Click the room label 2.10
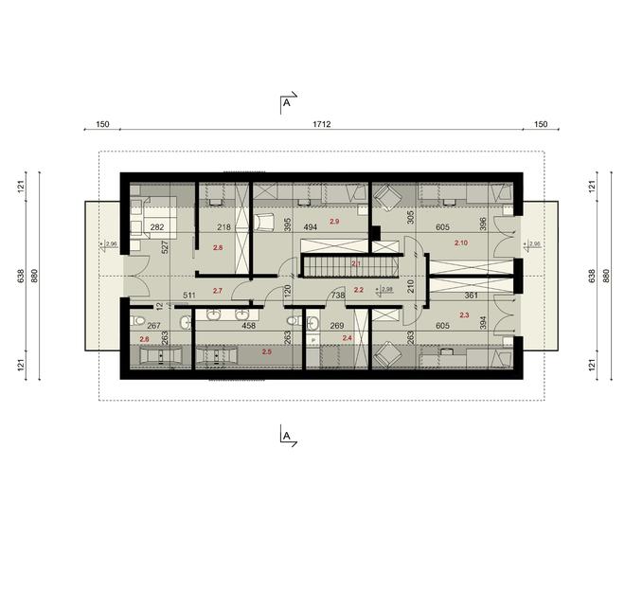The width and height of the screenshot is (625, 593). [x=461, y=243]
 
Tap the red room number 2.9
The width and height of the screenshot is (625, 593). [x=333, y=221]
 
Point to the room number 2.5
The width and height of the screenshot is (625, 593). [x=266, y=351]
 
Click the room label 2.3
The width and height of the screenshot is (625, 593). [x=464, y=314]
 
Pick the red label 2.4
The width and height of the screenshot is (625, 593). [x=347, y=337]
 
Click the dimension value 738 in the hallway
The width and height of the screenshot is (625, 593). [x=337, y=296]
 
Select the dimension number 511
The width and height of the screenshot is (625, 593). [x=189, y=296]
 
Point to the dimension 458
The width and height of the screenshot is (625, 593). [x=249, y=326]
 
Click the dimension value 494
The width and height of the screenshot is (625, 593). [x=310, y=227]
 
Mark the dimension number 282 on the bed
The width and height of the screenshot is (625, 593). [x=157, y=227]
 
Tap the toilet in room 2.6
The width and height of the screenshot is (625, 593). [x=136, y=319]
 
